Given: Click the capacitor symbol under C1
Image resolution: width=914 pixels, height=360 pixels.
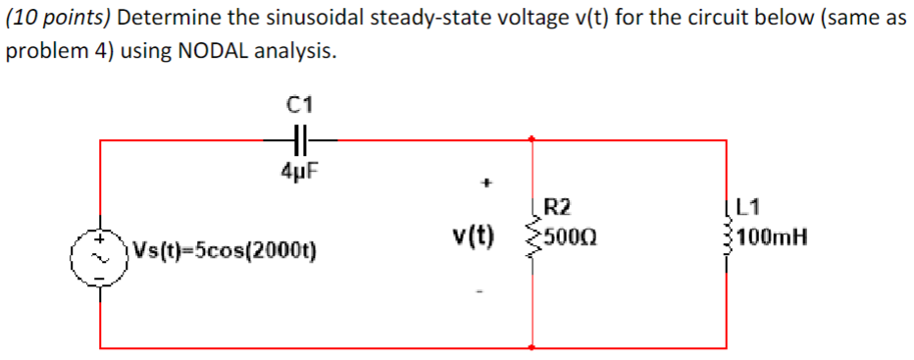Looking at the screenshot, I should [x=297, y=140].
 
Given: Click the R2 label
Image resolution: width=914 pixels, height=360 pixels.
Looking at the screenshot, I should [x=558, y=207].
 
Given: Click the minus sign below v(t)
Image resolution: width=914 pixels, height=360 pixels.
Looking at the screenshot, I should [x=480, y=289].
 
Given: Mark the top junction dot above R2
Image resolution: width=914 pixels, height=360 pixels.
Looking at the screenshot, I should [x=532, y=140].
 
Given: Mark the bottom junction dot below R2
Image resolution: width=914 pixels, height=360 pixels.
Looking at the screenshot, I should [x=532, y=345].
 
